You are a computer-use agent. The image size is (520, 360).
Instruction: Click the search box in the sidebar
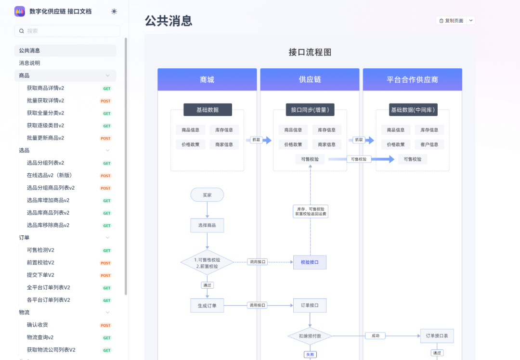click(67, 31)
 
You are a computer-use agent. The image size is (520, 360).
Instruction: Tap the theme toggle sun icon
click(114, 11)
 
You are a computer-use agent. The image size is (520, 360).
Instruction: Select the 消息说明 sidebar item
click(30, 63)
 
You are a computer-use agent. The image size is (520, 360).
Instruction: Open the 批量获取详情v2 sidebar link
click(46, 101)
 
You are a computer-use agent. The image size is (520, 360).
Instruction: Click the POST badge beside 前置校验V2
click(105, 263)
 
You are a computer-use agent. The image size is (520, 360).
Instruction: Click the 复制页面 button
click(451, 21)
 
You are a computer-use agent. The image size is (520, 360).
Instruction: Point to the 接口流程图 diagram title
click(310, 52)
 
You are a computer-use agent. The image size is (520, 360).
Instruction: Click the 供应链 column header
click(310, 79)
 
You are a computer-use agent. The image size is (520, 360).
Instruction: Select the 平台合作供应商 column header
click(412, 79)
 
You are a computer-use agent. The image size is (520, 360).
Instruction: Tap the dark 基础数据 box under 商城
click(208, 110)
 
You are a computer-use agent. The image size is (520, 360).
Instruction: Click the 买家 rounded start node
click(207, 195)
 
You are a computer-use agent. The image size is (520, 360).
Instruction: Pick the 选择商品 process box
click(207, 225)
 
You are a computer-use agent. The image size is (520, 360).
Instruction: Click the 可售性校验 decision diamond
click(207, 263)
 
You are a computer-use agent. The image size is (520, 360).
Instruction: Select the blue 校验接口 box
click(310, 262)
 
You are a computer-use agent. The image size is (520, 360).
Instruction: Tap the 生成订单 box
click(207, 305)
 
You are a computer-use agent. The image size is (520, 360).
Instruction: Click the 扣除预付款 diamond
click(310, 336)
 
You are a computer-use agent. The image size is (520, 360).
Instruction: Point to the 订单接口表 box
click(437, 336)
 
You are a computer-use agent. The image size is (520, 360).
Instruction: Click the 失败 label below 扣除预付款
click(310, 355)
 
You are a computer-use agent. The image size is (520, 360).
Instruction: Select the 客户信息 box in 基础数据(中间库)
click(429, 144)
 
